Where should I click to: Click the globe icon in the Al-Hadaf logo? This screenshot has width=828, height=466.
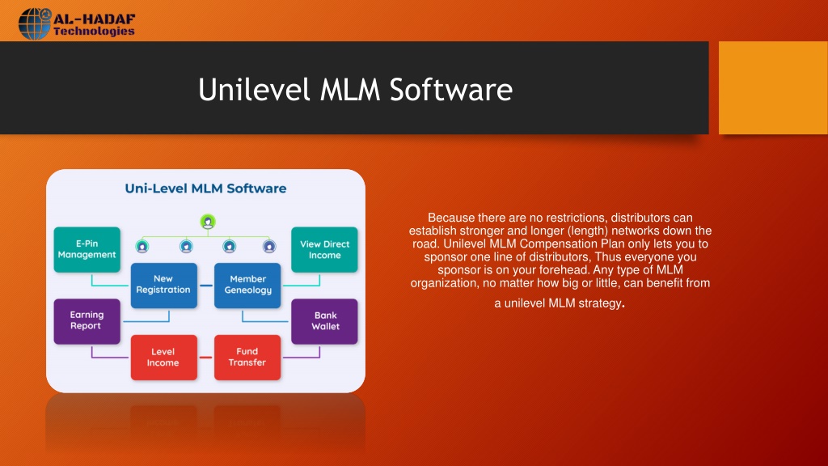coord(35,23)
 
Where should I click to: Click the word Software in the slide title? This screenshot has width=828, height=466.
coord(451,89)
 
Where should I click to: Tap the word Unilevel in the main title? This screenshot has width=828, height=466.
coord(253,89)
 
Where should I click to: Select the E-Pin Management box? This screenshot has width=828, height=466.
coord(87,249)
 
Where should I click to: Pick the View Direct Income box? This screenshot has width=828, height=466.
coord(324,249)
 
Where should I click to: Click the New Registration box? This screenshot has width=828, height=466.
coord(163,286)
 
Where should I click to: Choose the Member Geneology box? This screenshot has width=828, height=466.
coord(247,286)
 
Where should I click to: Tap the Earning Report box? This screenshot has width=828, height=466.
coord(87,321)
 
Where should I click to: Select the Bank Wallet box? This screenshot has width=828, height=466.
coord(324,321)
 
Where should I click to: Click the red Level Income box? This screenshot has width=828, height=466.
coord(163,357)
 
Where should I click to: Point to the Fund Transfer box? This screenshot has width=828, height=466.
coord(247,357)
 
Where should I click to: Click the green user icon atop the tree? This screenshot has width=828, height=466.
coord(208,222)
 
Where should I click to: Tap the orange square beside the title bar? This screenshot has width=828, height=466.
coord(773,87)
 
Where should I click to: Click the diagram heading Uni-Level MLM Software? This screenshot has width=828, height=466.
coord(205,189)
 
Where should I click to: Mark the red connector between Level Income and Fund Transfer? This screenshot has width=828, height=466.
coord(205,358)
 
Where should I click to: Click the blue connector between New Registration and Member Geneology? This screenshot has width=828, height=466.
coord(205,286)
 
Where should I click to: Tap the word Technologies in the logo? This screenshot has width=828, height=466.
coord(94,32)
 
